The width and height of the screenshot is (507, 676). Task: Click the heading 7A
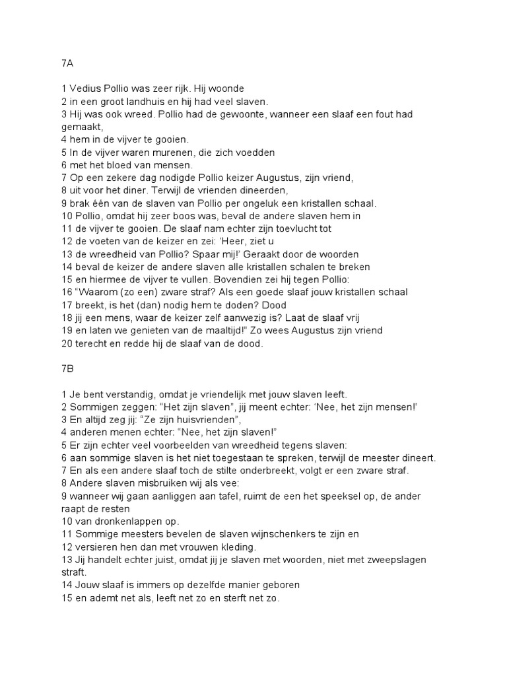67,63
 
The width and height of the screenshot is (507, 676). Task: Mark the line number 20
67,343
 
